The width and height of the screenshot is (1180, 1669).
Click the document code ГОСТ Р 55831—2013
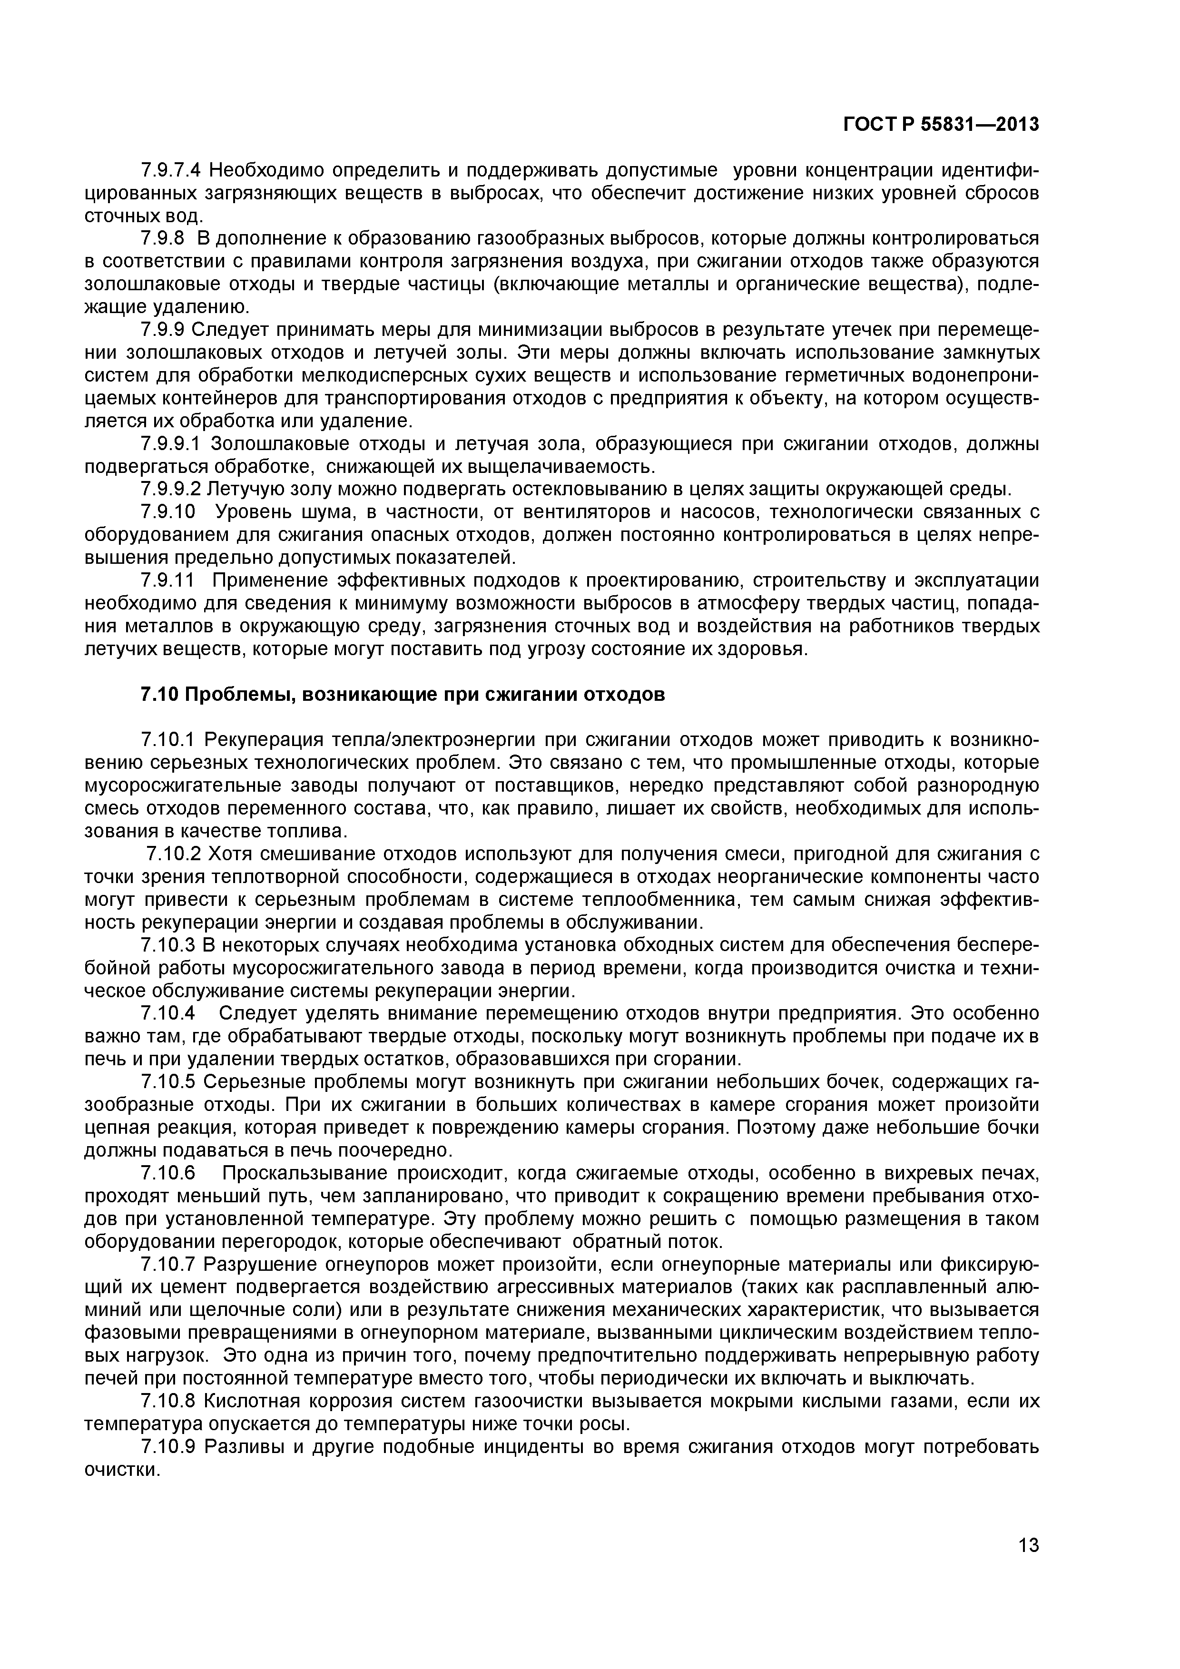[941, 125]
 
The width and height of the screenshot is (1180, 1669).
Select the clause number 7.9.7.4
[172, 171]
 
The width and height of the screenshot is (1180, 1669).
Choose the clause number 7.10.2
[175, 854]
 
